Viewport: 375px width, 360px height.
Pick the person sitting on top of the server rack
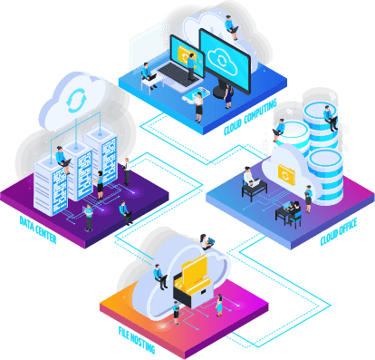(62, 157)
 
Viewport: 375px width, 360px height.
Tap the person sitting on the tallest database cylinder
(332, 117)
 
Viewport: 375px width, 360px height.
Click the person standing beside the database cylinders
(308, 194)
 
